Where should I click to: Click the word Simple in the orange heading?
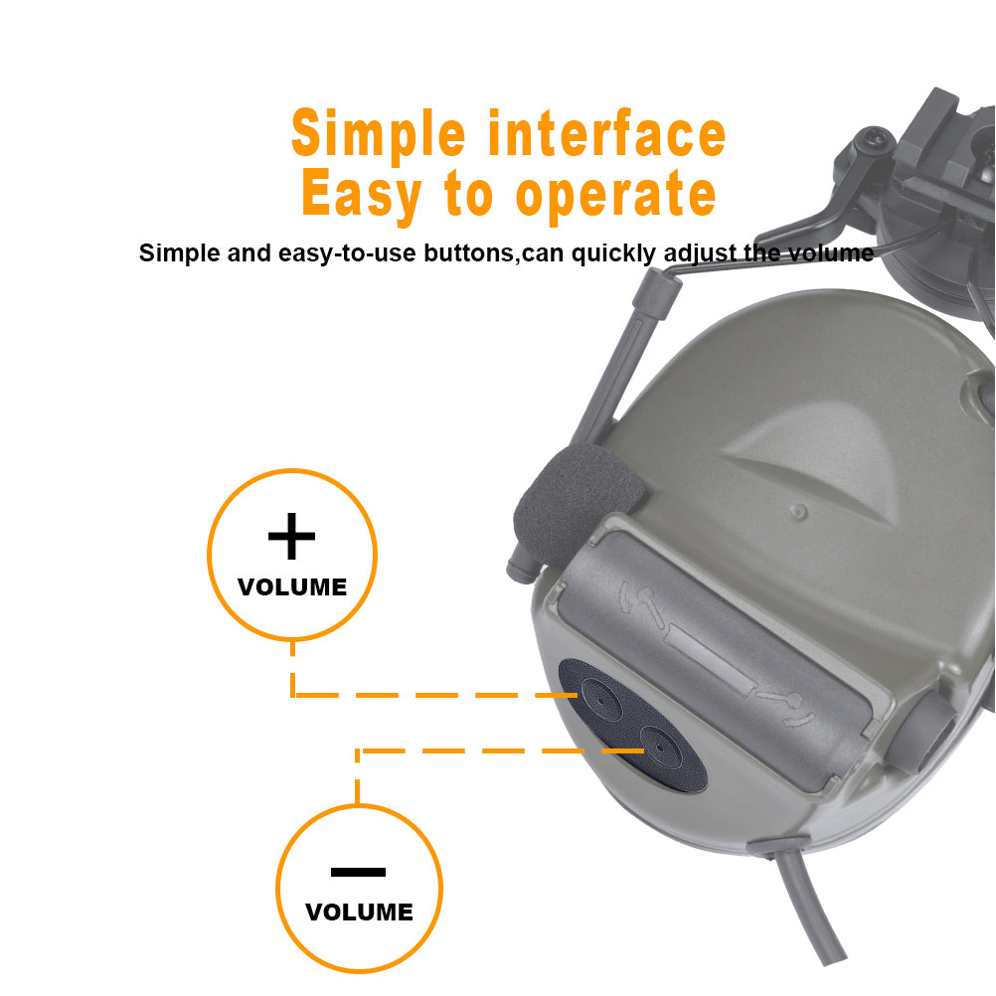(x=379, y=134)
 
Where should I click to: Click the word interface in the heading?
(x=606, y=133)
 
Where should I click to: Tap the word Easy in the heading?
(x=362, y=195)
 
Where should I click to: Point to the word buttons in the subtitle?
(x=469, y=252)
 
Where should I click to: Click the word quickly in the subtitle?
(x=613, y=253)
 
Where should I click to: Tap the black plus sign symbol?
(x=291, y=536)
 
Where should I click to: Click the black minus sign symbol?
(x=358, y=872)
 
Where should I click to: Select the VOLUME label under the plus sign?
(x=292, y=586)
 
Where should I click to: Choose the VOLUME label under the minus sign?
(x=360, y=913)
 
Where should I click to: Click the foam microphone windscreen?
(x=575, y=502)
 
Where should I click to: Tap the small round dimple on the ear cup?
(x=798, y=511)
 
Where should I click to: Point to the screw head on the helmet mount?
(x=876, y=140)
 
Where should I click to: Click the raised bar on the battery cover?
(x=710, y=661)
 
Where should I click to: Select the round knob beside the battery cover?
(x=925, y=732)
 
